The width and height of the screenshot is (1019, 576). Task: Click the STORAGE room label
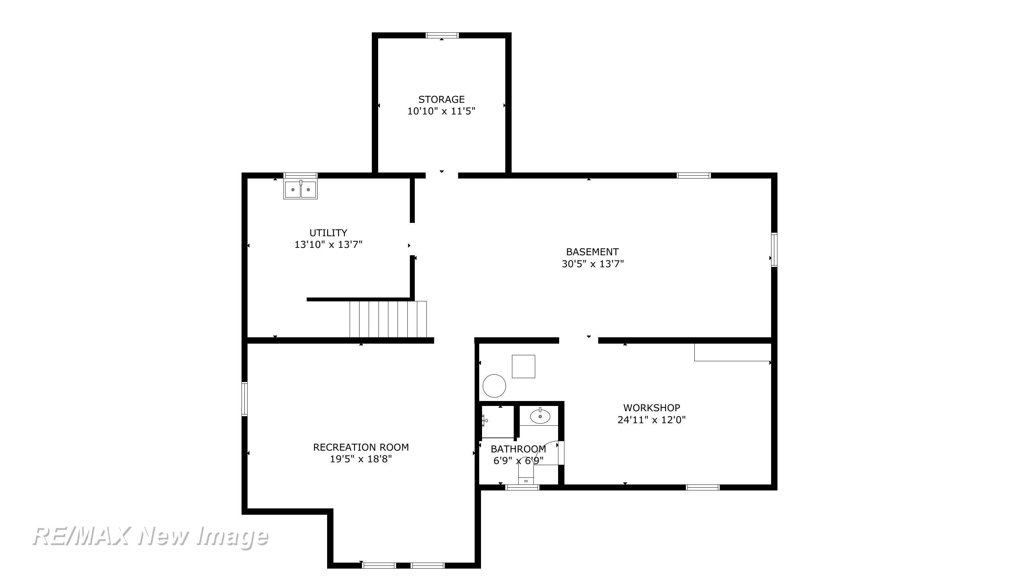(441, 99)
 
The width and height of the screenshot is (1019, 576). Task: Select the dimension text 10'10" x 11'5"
(441, 111)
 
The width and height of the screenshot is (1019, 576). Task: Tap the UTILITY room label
(328, 233)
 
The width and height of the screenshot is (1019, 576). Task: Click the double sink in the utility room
(301, 189)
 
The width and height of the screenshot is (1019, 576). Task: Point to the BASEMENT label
(592, 252)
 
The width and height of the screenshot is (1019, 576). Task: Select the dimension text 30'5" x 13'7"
(592, 263)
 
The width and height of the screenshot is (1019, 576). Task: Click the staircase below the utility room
(388, 319)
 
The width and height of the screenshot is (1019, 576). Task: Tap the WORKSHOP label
(651, 407)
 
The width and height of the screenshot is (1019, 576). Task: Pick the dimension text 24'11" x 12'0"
(651, 419)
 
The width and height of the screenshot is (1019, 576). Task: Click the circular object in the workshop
(494, 386)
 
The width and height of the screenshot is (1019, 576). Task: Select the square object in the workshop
(523, 366)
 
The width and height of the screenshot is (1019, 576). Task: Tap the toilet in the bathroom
(526, 475)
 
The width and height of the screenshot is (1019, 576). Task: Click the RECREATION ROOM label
(361, 447)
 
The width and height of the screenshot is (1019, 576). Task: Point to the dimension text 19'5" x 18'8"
(361, 459)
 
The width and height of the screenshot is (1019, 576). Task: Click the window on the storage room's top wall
(442, 35)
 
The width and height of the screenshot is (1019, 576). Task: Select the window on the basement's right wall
(774, 250)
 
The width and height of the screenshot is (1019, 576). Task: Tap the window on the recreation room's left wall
(244, 399)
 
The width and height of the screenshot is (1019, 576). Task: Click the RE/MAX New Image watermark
(150, 537)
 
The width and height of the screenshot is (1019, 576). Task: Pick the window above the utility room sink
(301, 175)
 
